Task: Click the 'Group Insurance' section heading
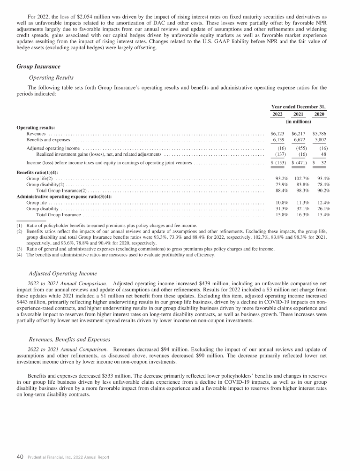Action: [x=38, y=67]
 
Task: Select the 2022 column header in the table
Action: [x=277, y=114]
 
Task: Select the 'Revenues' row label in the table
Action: [x=36, y=134]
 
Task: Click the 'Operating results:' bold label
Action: [x=36, y=127]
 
